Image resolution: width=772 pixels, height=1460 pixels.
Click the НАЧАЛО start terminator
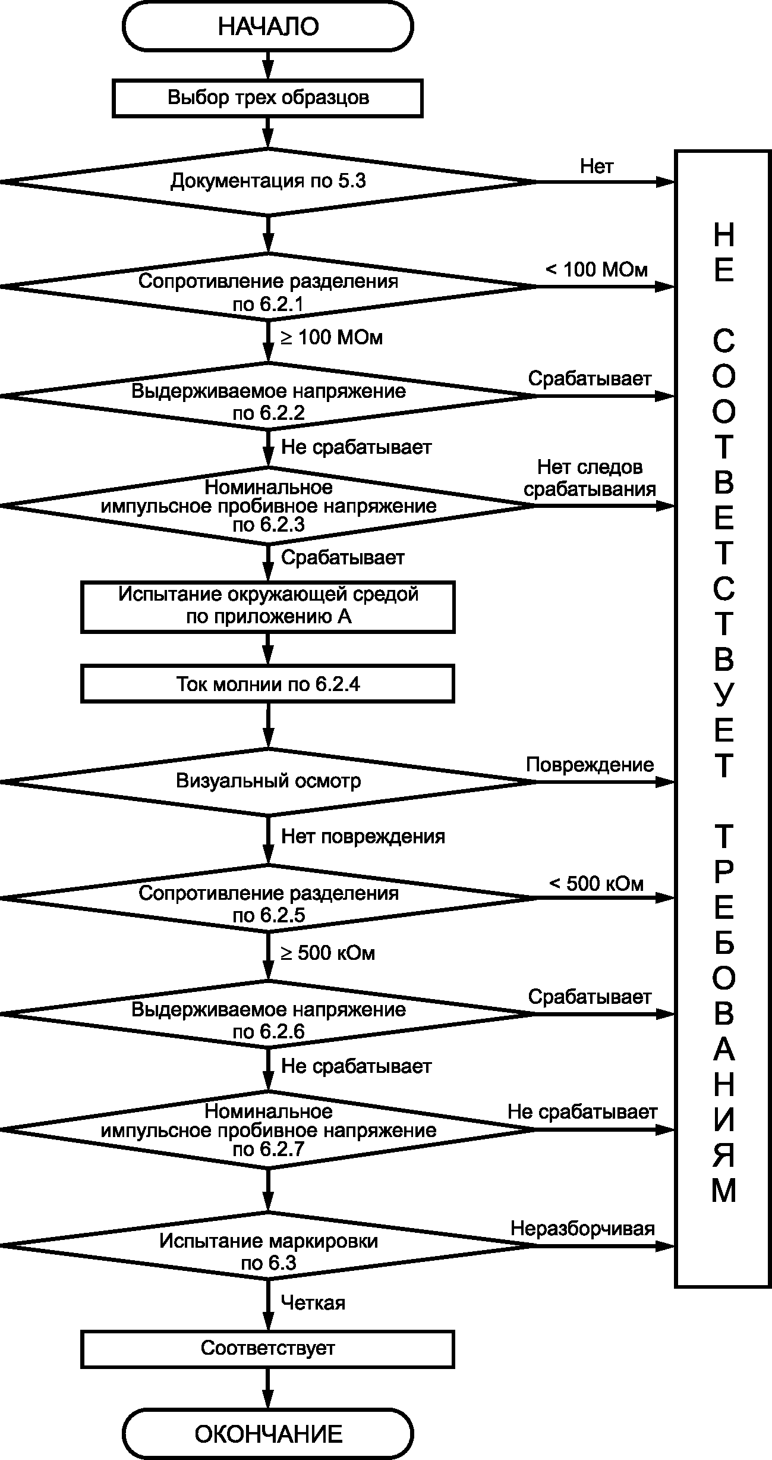point(268,27)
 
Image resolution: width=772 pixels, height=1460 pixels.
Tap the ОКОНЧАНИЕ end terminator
point(268,1434)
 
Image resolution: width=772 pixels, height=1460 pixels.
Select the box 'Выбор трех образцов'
point(268,98)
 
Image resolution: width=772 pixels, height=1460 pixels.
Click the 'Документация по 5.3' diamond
point(268,181)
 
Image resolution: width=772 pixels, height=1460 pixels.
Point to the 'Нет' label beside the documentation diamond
point(597,167)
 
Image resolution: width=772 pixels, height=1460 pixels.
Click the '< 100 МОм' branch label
point(596,269)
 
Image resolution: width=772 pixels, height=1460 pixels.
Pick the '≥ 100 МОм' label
point(332,337)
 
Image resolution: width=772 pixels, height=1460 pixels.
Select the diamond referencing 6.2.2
point(268,395)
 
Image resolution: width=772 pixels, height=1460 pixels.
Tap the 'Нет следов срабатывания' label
point(590,478)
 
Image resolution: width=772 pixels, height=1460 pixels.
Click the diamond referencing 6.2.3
point(268,505)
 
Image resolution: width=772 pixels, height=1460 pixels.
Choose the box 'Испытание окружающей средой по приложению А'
point(268,606)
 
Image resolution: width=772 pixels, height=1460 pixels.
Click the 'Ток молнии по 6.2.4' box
point(268,684)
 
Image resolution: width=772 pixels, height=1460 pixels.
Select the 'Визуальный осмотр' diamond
point(268,781)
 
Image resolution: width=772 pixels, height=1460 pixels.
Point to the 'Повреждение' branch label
point(590,765)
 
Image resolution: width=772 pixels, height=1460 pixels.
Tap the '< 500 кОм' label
point(596,884)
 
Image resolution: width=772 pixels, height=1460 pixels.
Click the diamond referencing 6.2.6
point(268,1013)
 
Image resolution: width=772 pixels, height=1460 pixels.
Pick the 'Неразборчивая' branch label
point(583,1229)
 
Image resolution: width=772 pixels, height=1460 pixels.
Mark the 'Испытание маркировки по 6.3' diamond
point(268,1245)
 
